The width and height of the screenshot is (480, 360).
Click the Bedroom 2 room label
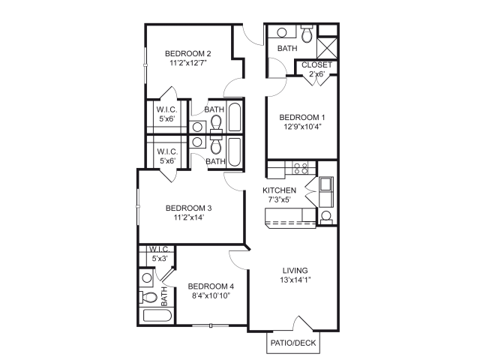click(188, 53)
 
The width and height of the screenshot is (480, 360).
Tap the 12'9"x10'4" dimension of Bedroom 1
click(302, 127)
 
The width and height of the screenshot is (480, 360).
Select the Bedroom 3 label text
click(188, 208)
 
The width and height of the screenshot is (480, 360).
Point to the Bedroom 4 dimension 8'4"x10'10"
click(211, 295)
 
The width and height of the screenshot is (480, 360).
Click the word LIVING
click(295, 271)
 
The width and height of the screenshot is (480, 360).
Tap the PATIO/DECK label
click(293, 343)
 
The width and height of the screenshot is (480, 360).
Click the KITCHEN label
click(280, 190)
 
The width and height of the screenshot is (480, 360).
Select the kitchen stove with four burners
click(300, 168)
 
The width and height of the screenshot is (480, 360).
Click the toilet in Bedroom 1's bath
click(307, 34)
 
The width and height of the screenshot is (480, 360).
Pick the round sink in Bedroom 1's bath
click(282, 32)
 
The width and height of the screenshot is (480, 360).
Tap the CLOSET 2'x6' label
click(316, 69)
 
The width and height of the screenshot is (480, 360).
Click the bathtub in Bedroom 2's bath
click(235, 117)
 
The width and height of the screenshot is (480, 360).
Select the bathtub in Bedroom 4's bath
click(157, 316)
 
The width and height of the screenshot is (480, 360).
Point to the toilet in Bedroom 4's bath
click(148, 297)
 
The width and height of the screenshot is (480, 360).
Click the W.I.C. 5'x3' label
click(160, 254)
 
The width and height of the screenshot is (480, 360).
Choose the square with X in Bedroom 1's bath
click(327, 48)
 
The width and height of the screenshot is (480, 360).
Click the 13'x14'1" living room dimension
click(295, 280)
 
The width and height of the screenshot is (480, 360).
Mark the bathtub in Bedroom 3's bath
click(235, 152)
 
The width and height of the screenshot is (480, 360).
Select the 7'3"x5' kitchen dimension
click(279, 200)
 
